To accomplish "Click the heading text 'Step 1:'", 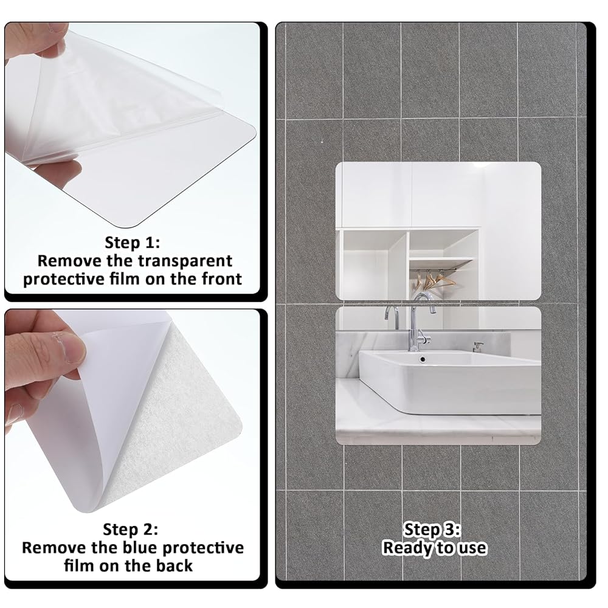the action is pyautogui.click(x=132, y=243).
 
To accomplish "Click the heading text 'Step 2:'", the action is pyautogui.click(x=131, y=530).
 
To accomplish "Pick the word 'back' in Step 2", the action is pyautogui.click(x=174, y=565).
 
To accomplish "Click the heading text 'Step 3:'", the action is pyautogui.click(x=432, y=530).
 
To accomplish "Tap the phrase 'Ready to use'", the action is pyautogui.click(x=435, y=548).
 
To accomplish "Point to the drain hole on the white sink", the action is pyautogui.click(x=423, y=359).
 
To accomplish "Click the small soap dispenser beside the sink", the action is pyautogui.click(x=477, y=347).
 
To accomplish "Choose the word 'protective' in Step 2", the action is pyautogui.click(x=203, y=548).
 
